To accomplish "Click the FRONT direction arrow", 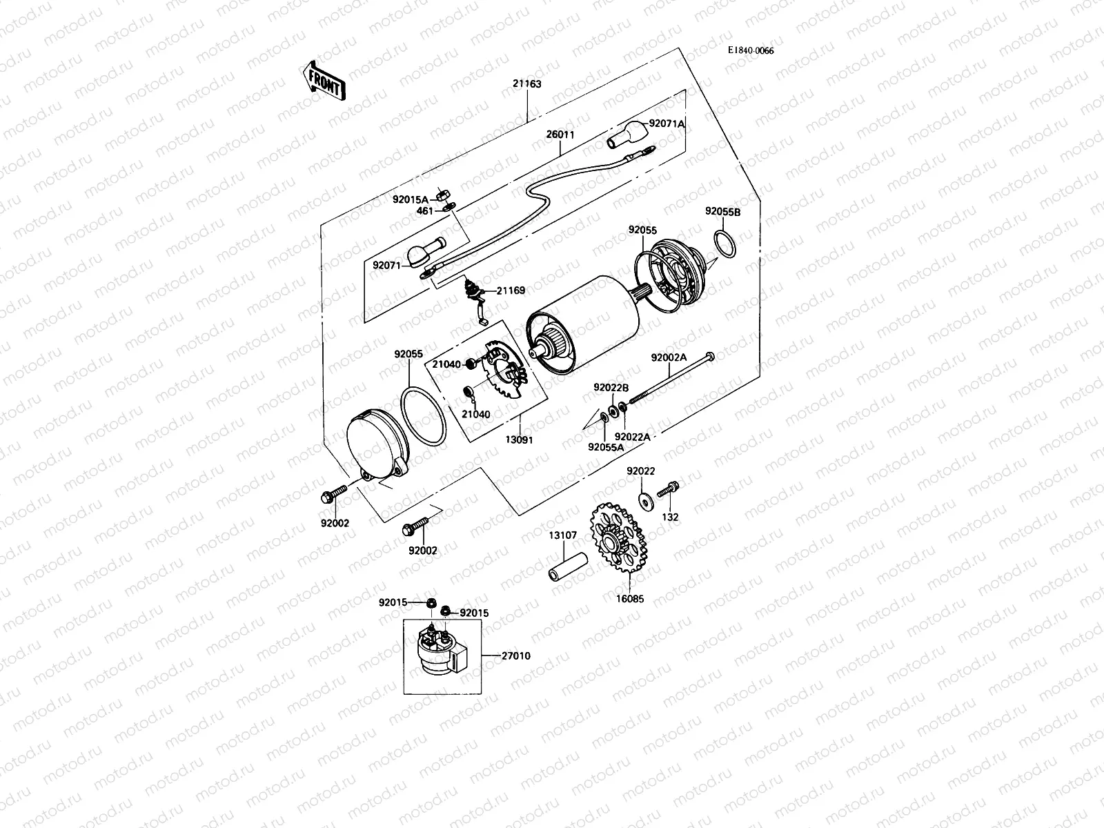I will (x=323, y=81).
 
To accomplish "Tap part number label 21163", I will (x=526, y=84).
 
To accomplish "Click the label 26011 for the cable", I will (x=560, y=135).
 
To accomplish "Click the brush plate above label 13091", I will (x=505, y=373).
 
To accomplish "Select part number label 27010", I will (x=516, y=655).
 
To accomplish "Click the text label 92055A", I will (x=606, y=446).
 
